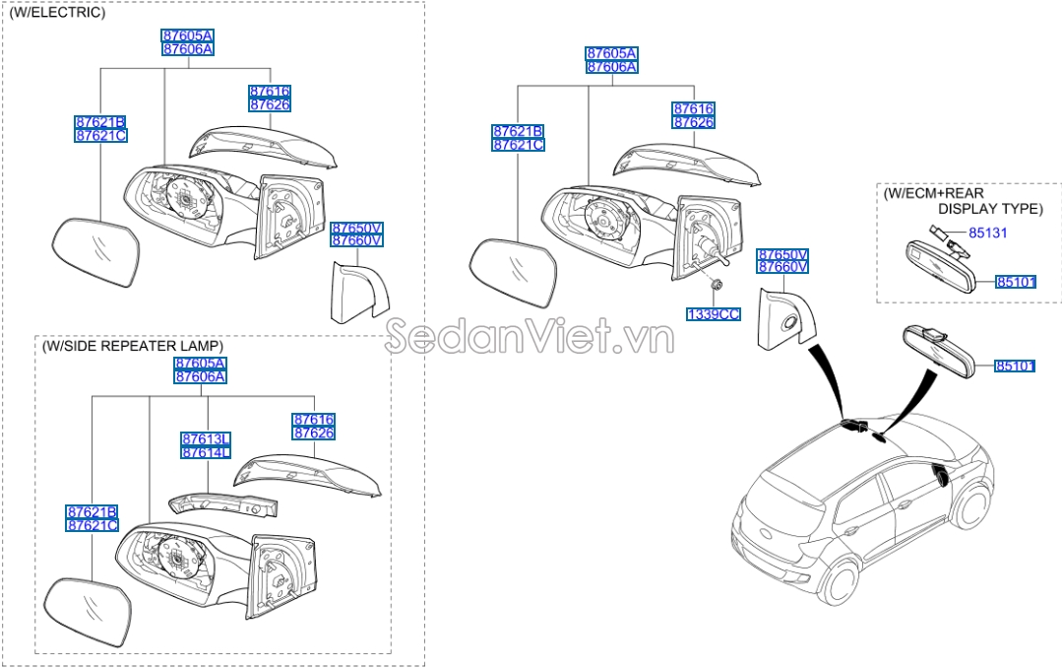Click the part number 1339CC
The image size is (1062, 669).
click(713, 314)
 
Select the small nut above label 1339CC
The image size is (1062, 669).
click(718, 286)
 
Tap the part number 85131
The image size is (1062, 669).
click(987, 234)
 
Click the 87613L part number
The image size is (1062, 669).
click(205, 438)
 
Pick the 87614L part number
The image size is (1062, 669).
click(205, 451)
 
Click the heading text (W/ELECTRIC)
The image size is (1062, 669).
click(56, 13)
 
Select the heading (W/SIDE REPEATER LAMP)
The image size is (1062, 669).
click(132, 346)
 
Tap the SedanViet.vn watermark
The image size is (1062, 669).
click(529, 336)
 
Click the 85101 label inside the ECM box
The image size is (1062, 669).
click(1015, 282)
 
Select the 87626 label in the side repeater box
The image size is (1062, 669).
click(313, 433)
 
